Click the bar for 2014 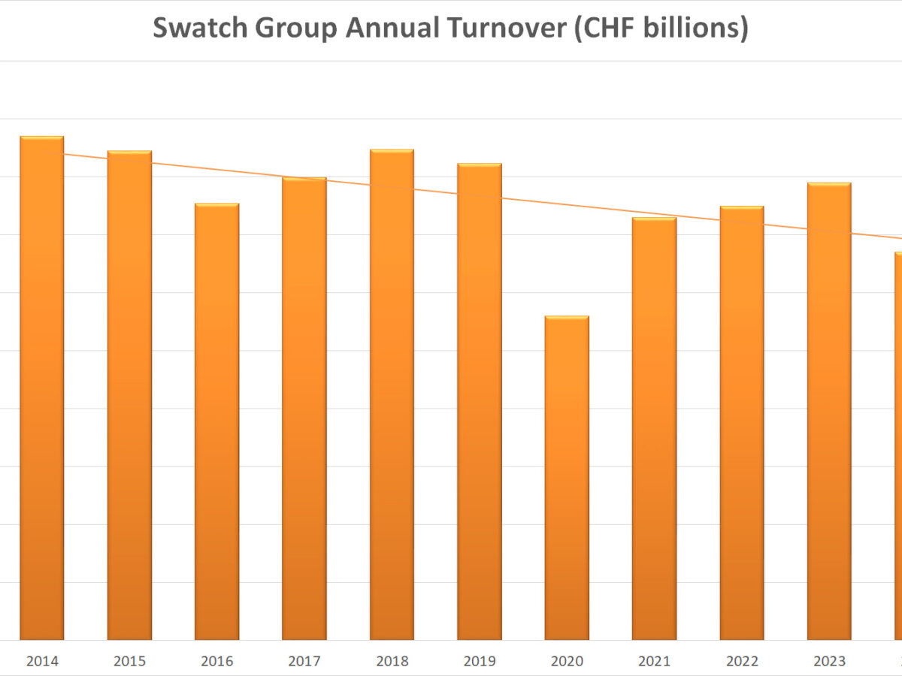(x=42, y=391)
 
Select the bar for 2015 (x=129, y=398)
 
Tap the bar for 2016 (x=217, y=421)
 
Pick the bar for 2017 (x=304, y=409)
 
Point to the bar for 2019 (x=480, y=402)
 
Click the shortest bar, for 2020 (x=567, y=481)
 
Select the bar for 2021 (x=654, y=428)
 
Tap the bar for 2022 (x=742, y=424)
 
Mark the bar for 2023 (x=829, y=413)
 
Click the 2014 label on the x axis (x=42, y=661)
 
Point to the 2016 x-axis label (x=217, y=661)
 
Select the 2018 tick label (x=392, y=661)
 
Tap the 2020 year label (x=567, y=661)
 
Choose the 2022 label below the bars (x=742, y=661)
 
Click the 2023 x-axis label (x=829, y=661)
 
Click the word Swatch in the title (x=198, y=29)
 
